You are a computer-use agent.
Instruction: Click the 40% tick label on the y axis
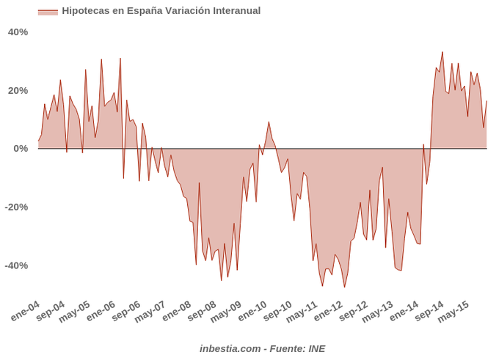tap(18, 32)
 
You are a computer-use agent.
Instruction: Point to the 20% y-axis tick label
tap(18, 90)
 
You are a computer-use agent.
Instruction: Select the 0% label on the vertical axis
tap(21, 149)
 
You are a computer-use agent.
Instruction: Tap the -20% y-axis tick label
tap(16, 207)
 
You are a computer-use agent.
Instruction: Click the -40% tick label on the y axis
tap(16, 265)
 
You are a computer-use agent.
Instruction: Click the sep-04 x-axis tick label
tap(51, 311)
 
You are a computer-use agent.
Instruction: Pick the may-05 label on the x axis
tap(76, 311)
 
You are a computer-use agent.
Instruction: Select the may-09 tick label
tap(227, 311)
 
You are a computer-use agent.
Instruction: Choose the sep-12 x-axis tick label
tap(354, 311)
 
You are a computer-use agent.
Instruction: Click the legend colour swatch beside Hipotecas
tap(48, 12)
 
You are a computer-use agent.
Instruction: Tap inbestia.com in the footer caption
tap(229, 348)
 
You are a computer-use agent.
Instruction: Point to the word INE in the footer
tap(316, 348)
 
